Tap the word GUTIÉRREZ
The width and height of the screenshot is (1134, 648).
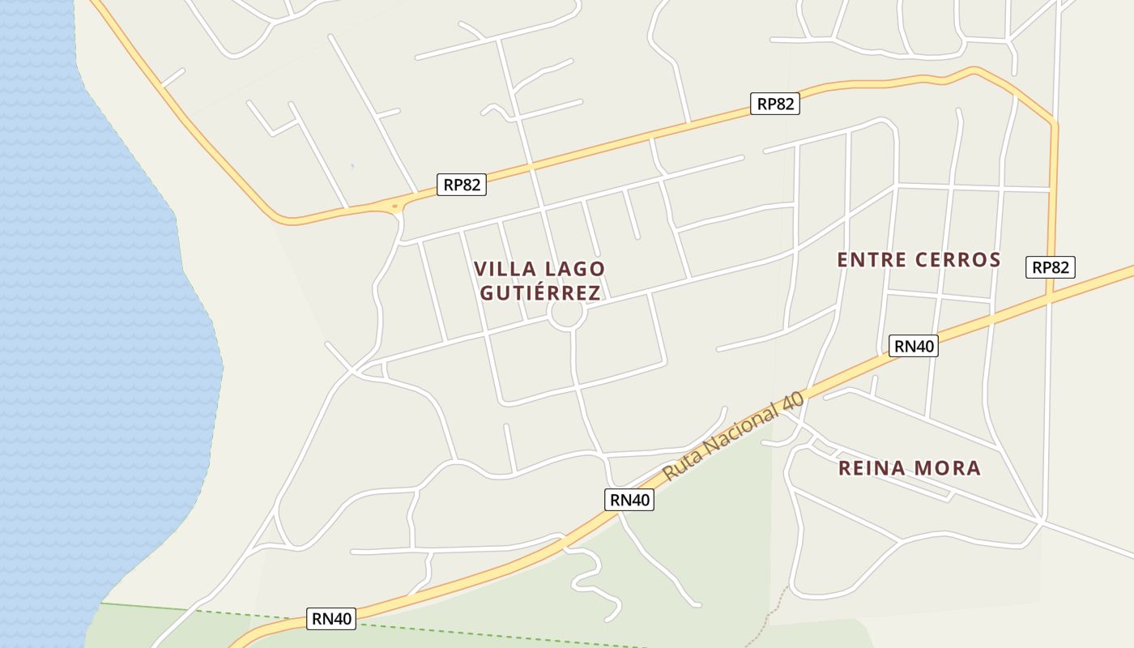540,292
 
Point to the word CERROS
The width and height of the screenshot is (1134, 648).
960,260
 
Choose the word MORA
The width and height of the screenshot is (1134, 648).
949,468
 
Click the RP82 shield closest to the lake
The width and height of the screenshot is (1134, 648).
462,185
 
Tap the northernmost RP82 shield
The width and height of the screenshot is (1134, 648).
774,104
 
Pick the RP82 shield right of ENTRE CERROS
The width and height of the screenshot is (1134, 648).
1051,267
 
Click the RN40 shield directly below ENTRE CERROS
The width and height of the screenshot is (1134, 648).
914,346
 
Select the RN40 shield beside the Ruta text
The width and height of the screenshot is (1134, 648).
629,500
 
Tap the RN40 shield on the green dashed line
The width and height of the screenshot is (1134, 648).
332,619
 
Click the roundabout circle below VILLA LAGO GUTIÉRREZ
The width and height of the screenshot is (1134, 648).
566,315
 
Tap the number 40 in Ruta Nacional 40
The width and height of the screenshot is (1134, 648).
795,402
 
